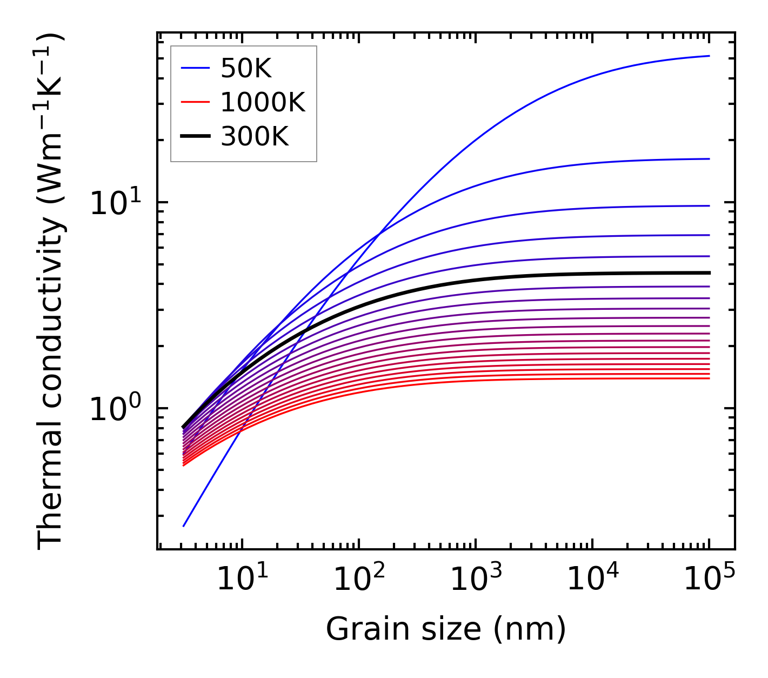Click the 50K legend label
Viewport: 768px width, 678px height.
click(246, 69)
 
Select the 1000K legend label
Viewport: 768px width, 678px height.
click(263, 102)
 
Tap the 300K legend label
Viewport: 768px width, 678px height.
click(255, 137)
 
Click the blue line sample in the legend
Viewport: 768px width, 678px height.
click(195, 68)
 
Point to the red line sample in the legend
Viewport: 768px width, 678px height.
click(195, 102)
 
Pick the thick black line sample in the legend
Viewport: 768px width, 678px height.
click(195, 136)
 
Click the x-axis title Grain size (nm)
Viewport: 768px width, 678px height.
click(446, 629)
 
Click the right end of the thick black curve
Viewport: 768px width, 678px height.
click(709, 273)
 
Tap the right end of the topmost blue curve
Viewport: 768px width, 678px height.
click(709, 56)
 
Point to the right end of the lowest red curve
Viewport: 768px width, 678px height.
click(709, 378)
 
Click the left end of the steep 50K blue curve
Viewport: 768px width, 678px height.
click(184, 526)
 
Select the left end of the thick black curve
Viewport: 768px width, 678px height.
click(183, 427)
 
